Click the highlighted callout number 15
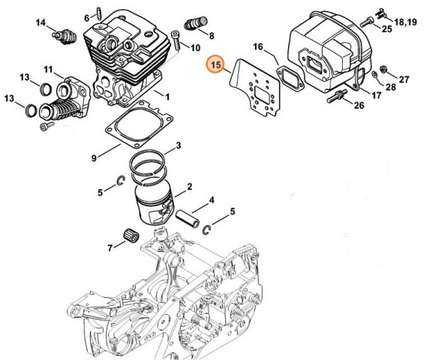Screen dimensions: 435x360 tap(217, 64)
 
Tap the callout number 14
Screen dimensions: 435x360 tap(40, 22)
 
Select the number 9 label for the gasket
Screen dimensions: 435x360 tap(94, 158)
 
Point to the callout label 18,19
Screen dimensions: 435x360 tap(405, 22)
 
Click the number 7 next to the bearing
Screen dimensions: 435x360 tap(110, 247)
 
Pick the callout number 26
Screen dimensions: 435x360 tap(358, 105)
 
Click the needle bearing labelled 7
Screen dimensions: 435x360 tap(131, 236)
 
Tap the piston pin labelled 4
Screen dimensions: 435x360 tap(187, 218)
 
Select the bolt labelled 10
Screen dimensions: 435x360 tap(176, 40)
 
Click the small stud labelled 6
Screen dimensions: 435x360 tap(99, 13)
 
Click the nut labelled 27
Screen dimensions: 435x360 tap(383, 69)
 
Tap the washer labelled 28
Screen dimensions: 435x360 tap(374, 75)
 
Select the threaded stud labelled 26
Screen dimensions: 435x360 tap(337, 96)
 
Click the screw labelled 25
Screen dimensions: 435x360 tap(367, 22)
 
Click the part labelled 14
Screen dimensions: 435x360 tap(64, 35)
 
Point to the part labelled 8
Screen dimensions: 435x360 tap(196, 23)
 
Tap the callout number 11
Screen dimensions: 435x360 tap(48, 69)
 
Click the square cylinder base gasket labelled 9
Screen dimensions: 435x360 tap(139, 124)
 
